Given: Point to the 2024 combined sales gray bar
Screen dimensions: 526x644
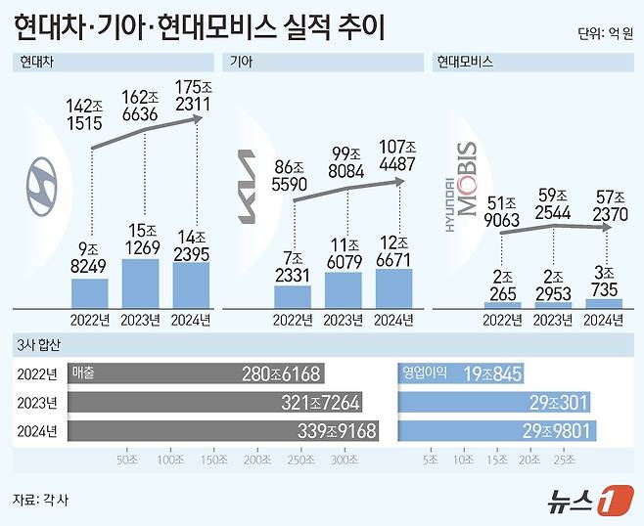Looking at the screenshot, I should click(x=224, y=431).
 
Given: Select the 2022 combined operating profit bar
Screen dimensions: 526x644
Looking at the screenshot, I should click(x=462, y=373).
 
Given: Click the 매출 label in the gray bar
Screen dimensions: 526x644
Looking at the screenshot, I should click(x=87, y=373).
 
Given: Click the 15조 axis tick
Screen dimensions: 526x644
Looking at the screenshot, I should click(x=498, y=458).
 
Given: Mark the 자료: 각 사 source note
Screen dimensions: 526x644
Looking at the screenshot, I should click(x=41, y=500).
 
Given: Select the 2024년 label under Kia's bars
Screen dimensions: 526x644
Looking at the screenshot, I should click(x=394, y=319).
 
